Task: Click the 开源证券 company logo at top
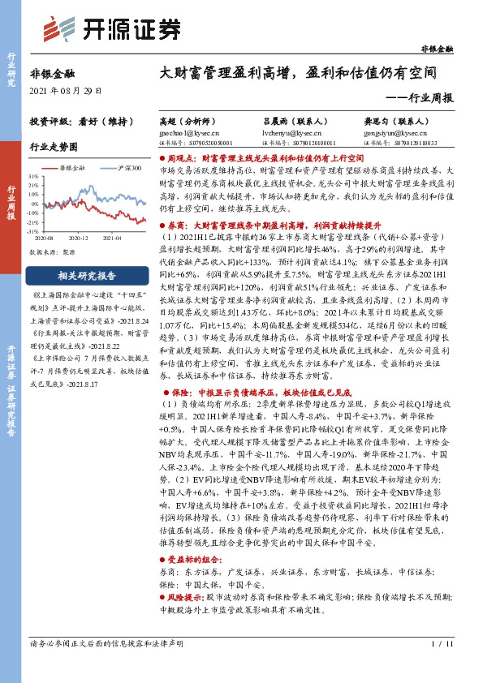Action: click(111, 28)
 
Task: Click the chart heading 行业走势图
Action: click(54, 147)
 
